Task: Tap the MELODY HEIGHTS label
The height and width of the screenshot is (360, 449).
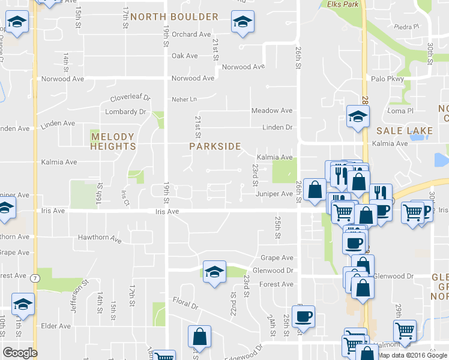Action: coord(113,142)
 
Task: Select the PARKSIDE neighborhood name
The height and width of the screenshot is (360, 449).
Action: coord(215,146)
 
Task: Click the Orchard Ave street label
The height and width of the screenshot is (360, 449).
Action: coord(191,34)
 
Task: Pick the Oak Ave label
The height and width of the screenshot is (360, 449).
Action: coord(184,56)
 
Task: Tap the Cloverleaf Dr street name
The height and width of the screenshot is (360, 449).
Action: coord(130,98)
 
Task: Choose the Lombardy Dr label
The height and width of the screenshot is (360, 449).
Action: coord(125,112)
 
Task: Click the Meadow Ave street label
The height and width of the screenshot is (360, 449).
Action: coord(272,110)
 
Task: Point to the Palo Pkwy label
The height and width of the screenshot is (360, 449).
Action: coord(387,79)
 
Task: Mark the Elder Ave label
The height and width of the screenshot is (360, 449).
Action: coord(56,326)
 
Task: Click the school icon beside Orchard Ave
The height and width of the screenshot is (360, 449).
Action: coord(242,23)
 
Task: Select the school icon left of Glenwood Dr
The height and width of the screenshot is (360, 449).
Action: coord(214,272)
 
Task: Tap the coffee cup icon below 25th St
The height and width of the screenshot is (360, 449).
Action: coord(304,316)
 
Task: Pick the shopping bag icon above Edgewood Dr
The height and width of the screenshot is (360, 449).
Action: coord(199,338)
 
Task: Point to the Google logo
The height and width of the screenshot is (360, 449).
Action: coord(20,353)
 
